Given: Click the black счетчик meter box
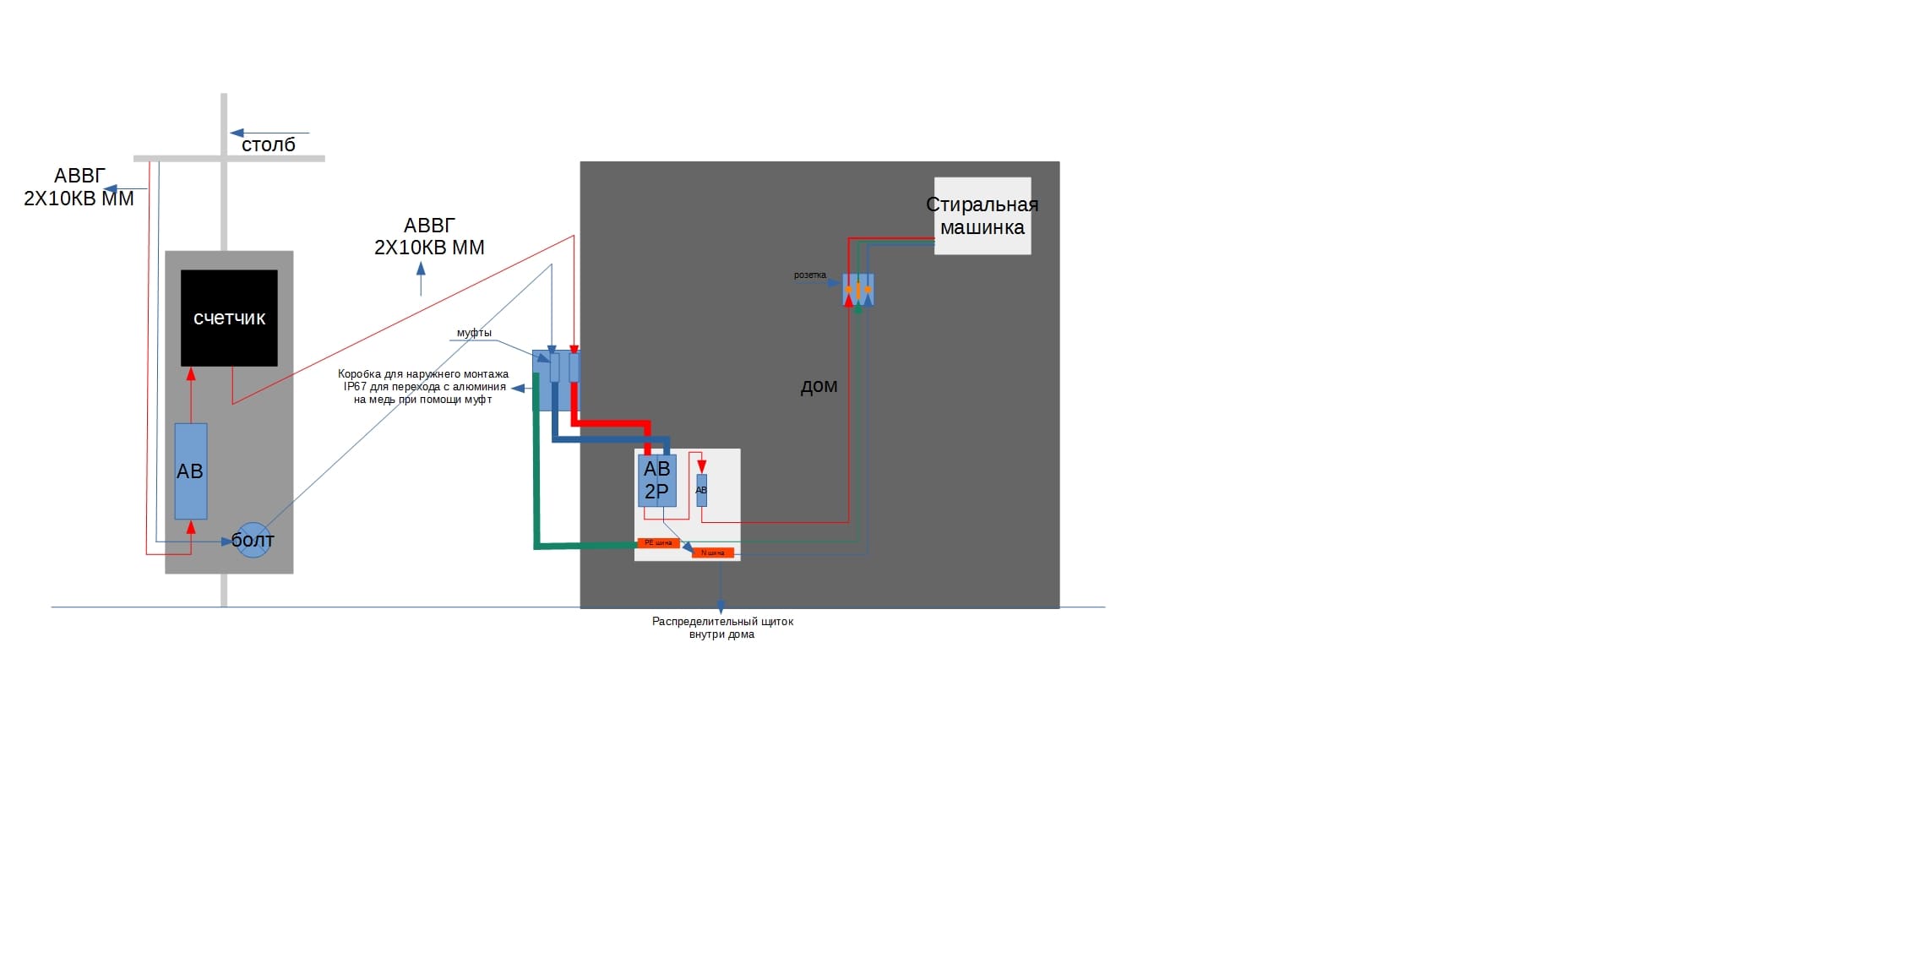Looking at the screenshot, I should click(229, 318).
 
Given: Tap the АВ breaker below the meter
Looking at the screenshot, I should click(191, 471).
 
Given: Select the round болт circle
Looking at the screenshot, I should click(253, 540).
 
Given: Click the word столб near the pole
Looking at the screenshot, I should click(269, 145).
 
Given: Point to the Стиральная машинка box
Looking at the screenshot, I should click(982, 215).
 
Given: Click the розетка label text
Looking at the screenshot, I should click(809, 275).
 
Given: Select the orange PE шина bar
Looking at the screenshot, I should click(658, 543).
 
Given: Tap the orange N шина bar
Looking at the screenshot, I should click(712, 553).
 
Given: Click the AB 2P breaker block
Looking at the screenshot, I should click(656, 480).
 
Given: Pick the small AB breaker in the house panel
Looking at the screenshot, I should click(701, 490).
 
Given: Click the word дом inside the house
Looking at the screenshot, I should click(819, 386).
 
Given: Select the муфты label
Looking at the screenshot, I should click(474, 333).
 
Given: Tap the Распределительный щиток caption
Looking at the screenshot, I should click(722, 628).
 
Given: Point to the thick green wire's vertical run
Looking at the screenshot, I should click(536, 473).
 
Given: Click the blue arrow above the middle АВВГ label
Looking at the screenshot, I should click(421, 270).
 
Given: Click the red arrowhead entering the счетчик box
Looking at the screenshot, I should click(191, 373).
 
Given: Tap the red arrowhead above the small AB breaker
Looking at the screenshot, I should click(701, 466).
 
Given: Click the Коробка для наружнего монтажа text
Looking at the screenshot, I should click(423, 387).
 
